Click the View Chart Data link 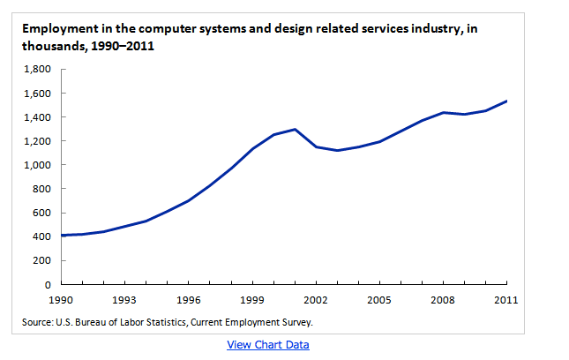(268, 344)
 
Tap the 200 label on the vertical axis (43, 261)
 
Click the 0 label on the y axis (49, 285)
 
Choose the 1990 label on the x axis (60, 299)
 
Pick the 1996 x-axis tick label (188, 299)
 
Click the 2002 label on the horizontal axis (316, 299)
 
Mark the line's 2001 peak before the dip (294, 129)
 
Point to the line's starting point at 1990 (61, 236)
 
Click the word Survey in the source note (294, 323)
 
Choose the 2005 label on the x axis (379, 299)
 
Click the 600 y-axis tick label (43, 214)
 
